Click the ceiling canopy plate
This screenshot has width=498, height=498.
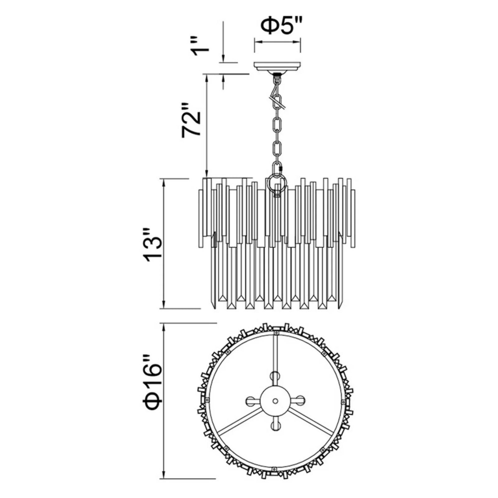(x=278, y=67)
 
